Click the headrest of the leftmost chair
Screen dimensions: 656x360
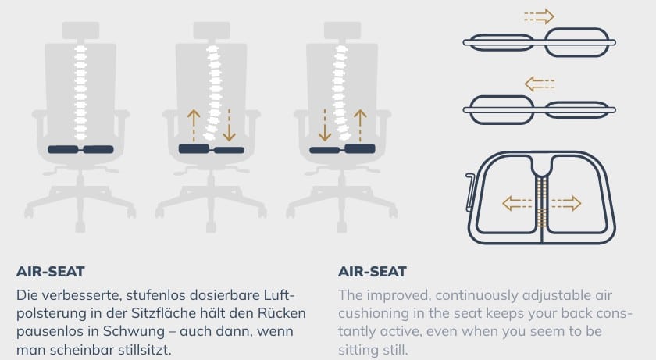pos(80,30)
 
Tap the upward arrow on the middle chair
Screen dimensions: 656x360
pos(194,126)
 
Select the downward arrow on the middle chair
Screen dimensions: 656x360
pos(229,126)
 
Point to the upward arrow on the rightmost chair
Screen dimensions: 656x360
pos(360,126)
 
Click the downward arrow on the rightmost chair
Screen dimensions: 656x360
pos(325,126)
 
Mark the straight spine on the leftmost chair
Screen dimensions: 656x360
pos(80,92)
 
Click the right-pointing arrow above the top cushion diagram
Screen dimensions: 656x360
pos(540,16)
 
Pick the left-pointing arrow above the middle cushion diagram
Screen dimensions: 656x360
pos(540,84)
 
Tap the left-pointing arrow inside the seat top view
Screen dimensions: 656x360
pos(517,204)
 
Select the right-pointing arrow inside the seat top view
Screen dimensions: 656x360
pos(566,204)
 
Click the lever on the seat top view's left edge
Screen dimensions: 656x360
pos(470,192)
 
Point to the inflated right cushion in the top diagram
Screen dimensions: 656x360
pos(578,42)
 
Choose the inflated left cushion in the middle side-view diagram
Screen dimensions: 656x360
pos(501,110)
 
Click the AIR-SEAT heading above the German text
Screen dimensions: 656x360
pos(51,272)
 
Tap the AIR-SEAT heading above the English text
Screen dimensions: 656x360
pos(373,272)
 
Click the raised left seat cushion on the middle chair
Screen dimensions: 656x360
pos(194,148)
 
